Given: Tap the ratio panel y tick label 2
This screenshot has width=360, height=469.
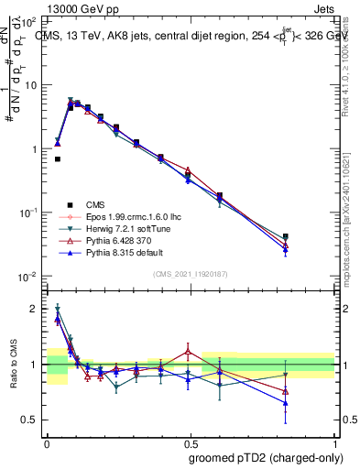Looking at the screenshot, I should point(34,309).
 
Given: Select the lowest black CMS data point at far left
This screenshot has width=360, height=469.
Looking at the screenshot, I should point(57,159).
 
